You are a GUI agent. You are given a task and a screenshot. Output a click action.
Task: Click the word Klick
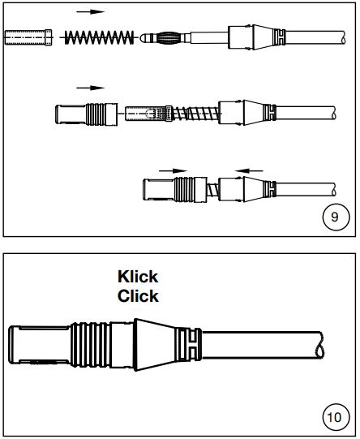pyautogui.click(x=138, y=277)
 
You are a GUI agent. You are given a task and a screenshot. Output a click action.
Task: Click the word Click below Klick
pyautogui.click(x=138, y=296)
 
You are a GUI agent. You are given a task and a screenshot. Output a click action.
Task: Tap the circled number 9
pyautogui.click(x=336, y=217)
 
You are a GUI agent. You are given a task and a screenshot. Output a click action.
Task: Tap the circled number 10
pyautogui.click(x=336, y=417)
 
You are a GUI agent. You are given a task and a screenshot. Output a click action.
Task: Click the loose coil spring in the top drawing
pyautogui.click(x=100, y=37)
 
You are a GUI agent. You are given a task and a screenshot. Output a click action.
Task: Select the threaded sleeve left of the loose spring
pyautogui.click(x=28, y=37)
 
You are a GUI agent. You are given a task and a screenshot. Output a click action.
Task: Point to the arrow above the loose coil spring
pyautogui.click(x=90, y=11)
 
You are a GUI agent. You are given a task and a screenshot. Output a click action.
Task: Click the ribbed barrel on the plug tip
pyautogui.click(x=168, y=38)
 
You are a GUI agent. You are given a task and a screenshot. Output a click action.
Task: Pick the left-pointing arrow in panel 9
pyautogui.click(x=249, y=170)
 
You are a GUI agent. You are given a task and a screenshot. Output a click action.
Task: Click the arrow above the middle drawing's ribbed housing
pyautogui.click(x=90, y=88)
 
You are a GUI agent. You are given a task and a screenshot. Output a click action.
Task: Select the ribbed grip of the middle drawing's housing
pyautogui.click(x=96, y=114)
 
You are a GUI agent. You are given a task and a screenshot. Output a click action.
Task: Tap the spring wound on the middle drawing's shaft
pyautogui.click(x=195, y=114)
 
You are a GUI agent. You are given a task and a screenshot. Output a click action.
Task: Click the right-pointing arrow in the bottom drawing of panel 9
pyautogui.click(x=173, y=170)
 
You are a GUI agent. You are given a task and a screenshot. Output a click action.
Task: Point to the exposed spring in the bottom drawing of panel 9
pyautogui.click(x=212, y=190)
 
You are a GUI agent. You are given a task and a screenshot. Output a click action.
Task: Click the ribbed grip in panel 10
pyautogui.click(x=90, y=345)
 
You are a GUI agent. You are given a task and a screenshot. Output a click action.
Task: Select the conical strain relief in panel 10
pyautogui.click(x=155, y=345)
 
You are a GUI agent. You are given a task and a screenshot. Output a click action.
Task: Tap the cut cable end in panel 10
pyautogui.click(x=320, y=345)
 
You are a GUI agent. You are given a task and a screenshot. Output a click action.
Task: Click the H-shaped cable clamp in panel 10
pyautogui.click(x=188, y=345)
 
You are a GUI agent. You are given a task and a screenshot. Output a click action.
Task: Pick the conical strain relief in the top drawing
pyautogui.click(x=264, y=37)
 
